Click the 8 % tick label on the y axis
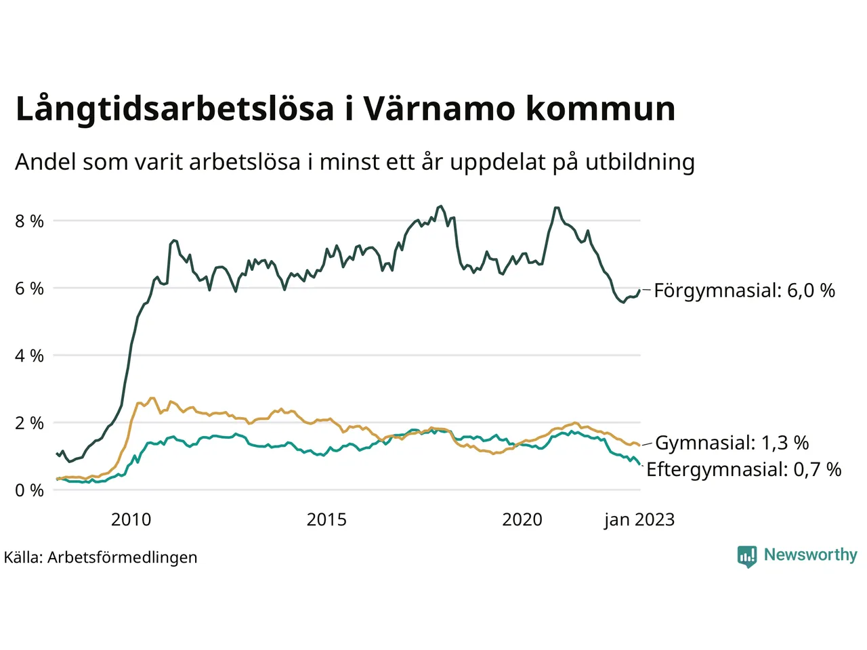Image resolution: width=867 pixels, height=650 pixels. click(29, 221)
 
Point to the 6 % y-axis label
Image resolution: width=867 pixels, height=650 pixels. click(29, 288)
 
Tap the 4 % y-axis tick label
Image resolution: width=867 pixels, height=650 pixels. click(29, 355)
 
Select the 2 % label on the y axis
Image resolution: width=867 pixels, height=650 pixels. click(29, 423)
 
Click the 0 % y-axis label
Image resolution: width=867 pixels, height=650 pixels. click(29, 490)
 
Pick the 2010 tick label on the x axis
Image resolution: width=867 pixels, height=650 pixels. click(131, 520)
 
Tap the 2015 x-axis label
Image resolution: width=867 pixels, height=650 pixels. click(326, 520)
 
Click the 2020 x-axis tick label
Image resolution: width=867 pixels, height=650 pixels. click(522, 520)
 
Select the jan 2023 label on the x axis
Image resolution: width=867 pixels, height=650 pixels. click(639, 520)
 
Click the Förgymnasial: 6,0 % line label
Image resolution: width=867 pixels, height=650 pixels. click(744, 291)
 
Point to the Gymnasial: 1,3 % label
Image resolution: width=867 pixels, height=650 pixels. click(732, 443)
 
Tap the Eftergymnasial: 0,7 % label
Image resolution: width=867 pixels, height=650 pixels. click(744, 469)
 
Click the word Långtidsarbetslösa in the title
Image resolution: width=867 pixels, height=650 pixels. click(175, 110)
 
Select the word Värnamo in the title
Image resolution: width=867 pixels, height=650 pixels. click(439, 110)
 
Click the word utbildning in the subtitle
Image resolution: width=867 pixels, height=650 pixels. click(640, 162)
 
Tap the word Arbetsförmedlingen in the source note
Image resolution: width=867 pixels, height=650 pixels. click(123, 557)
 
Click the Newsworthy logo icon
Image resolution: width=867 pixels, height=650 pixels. click(747, 557)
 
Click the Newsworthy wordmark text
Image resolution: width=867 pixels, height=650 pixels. click(810, 555)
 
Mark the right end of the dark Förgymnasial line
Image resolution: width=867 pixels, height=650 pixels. click(639, 290)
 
